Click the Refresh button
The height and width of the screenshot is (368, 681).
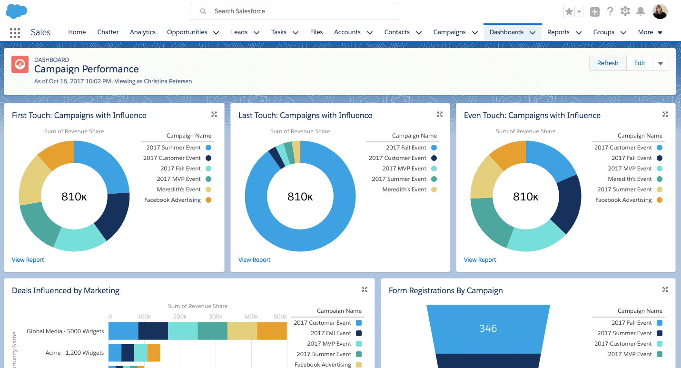click(x=608, y=63)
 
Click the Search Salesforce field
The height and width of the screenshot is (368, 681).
click(x=294, y=11)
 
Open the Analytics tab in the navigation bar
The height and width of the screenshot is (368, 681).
click(x=143, y=32)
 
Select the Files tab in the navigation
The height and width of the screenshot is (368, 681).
click(x=316, y=32)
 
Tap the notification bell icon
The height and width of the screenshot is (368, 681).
click(x=641, y=11)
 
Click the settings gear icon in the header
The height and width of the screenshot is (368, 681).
click(x=625, y=11)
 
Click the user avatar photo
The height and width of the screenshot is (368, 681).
click(x=660, y=11)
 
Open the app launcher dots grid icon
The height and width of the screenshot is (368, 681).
click(x=15, y=32)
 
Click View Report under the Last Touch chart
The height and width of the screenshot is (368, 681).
click(x=254, y=260)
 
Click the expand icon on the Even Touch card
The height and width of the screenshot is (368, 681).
click(x=665, y=115)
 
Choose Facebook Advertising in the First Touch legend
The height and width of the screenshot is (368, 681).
click(x=172, y=200)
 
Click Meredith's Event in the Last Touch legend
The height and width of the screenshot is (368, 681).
click(x=404, y=189)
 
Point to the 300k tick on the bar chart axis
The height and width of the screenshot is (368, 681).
click(x=216, y=317)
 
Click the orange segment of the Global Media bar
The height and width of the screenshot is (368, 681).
click(x=272, y=331)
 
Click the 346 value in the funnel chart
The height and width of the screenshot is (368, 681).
click(x=488, y=328)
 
